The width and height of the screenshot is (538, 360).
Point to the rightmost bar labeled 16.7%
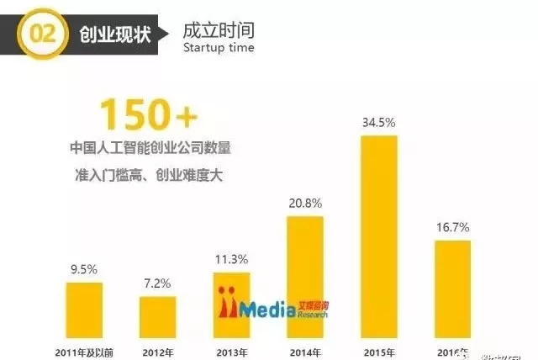pyautogui.click(x=452, y=283)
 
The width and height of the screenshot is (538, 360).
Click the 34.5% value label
pyautogui.click(x=379, y=122)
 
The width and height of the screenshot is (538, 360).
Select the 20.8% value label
pyautogui.click(x=305, y=204)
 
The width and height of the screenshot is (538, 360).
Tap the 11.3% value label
pyautogui.click(x=232, y=259)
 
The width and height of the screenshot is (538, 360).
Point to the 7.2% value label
pyautogui.click(x=158, y=283)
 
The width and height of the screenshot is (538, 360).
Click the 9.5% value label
pyautogui.click(x=84, y=269)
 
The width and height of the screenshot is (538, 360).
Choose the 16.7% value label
pyautogui.click(x=452, y=227)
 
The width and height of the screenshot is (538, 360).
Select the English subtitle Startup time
pyautogui.click(x=218, y=49)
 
